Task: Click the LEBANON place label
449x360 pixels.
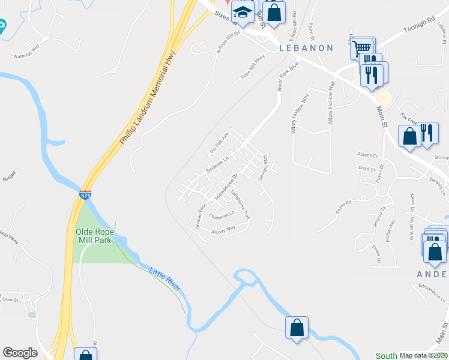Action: point(306,48)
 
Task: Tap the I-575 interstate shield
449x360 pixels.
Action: point(85,195)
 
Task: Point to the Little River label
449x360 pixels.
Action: point(164,280)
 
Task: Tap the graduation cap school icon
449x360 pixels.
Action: point(242,13)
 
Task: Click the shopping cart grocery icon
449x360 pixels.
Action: point(361,48)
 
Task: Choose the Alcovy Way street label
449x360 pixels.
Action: point(223,230)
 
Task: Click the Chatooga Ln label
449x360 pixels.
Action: point(221,214)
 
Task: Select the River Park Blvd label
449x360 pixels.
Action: point(288,76)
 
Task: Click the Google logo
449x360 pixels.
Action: point(20,353)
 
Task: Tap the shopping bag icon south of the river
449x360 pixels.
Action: point(297,328)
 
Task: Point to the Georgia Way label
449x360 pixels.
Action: point(263,169)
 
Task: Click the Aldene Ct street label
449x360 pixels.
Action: point(367,154)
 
